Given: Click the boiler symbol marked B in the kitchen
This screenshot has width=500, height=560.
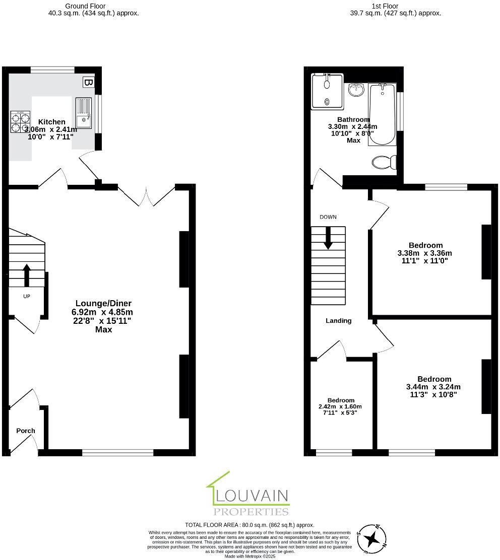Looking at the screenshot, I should tap(88, 82).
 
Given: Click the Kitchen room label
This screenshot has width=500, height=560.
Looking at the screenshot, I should tap(52, 122).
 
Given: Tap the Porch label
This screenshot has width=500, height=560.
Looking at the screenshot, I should tap(26, 431).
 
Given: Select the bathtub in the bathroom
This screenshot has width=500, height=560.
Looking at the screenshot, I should tap(382, 114).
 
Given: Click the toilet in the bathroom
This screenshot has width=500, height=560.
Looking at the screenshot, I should tap(384, 162).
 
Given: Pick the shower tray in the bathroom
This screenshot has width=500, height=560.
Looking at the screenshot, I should tap(327, 91).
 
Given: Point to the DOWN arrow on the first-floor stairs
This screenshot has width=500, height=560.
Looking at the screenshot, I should tap(328, 238).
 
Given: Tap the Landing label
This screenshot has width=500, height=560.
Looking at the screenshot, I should tap(339, 320).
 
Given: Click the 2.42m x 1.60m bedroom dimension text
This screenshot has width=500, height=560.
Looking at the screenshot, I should tap(340, 406).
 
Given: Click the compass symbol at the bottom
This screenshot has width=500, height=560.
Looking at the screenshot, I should tap(371, 539).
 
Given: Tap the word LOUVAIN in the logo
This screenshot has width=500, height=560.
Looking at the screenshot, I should tap(252, 496).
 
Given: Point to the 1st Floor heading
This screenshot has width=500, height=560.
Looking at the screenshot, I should tap(386, 6).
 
